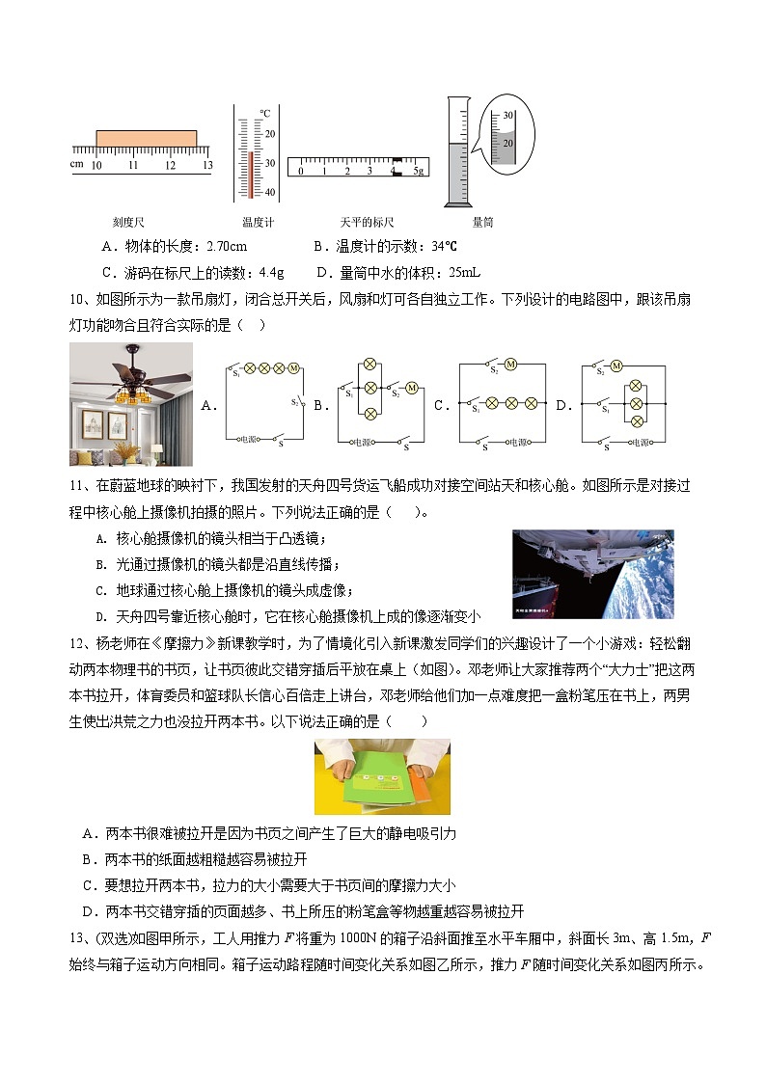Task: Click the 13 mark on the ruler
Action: (x=206, y=166)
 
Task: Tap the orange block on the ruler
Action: (x=146, y=138)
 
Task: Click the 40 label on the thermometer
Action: (x=270, y=192)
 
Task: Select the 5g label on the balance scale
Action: (x=418, y=171)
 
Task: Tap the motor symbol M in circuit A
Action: (x=294, y=368)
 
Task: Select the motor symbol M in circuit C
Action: (x=510, y=364)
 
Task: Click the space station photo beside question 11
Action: (x=592, y=573)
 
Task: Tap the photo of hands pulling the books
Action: (x=382, y=776)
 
